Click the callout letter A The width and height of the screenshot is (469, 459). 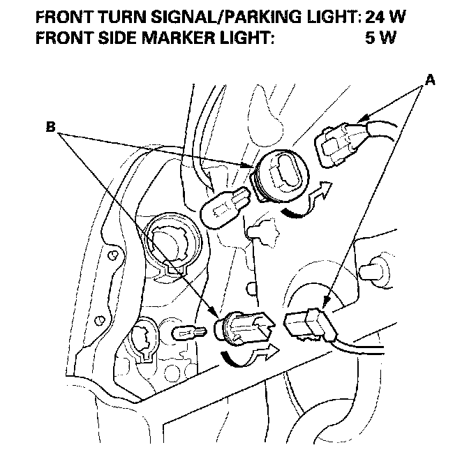click(x=430, y=80)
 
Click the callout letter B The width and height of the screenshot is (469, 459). click(x=50, y=127)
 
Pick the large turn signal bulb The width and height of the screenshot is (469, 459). click(x=224, y=206)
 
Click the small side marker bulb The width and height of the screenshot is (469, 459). click(x=189, y=333)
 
